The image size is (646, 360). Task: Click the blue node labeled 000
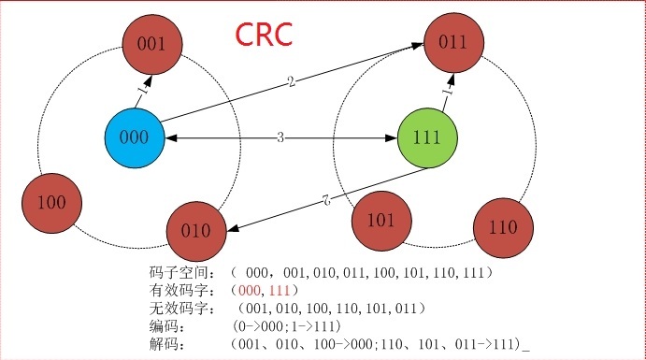coord(135,137)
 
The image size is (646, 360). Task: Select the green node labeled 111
coord(427,137)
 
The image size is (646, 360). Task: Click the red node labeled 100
coord(51,201)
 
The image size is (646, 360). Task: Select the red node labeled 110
coord(502,228)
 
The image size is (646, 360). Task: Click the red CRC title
coord(265,35)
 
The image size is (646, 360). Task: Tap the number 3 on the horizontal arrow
coord(280,138)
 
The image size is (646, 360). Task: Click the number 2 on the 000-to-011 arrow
coord(292,82)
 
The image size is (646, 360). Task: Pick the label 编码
coord(164,327)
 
